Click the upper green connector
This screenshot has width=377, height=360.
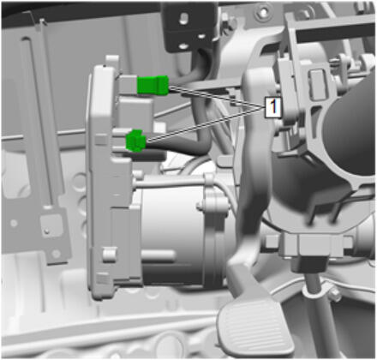pyautogui.click(x=153, y=85)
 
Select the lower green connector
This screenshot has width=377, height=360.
pyautogui.click(x=135, y=141)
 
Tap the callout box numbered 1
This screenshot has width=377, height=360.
pyautogui.click(x=273, y=107)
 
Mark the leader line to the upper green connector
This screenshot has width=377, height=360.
pyautogui.click(x=216, y=98)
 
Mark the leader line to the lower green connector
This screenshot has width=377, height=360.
pyautogui.click(x=205, y=123)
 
